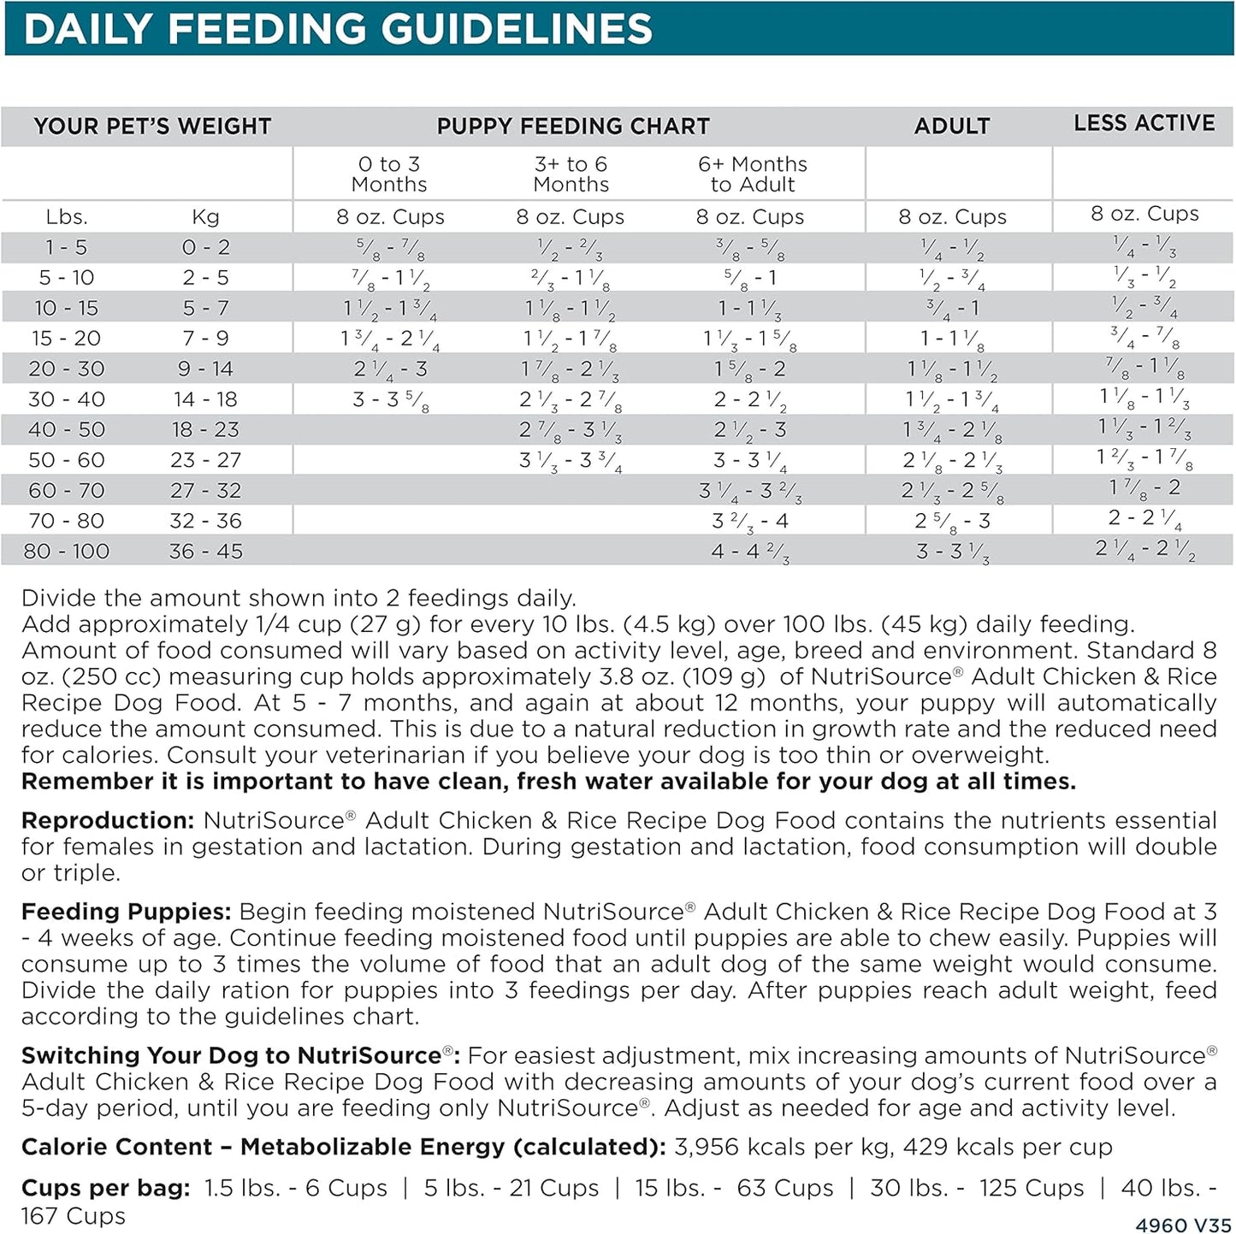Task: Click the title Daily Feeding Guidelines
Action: click(x=338, y=29)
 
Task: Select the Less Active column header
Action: click(x=1144, y=123)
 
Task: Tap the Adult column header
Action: click(x=952, y=127)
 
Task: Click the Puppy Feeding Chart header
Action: click(x=573, y=127)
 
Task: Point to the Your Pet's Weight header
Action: click(x=152, y=127)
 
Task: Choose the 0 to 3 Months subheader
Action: click(x=389, y=174)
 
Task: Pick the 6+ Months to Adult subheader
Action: click(x=752, y=174)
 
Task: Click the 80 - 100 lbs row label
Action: click(x=67, y=552)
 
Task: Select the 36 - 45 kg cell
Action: click(x=205, y=552)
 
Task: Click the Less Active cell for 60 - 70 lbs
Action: click(x=1144, y=488)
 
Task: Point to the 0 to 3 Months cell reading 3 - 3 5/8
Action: click(x=390, y=400)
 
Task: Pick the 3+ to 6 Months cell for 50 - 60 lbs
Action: click(x=571, y=461)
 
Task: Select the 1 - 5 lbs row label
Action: click(x=67, y=248)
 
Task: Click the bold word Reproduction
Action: click(x=108, y=821)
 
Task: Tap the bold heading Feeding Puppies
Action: click(x=126, y=912)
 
